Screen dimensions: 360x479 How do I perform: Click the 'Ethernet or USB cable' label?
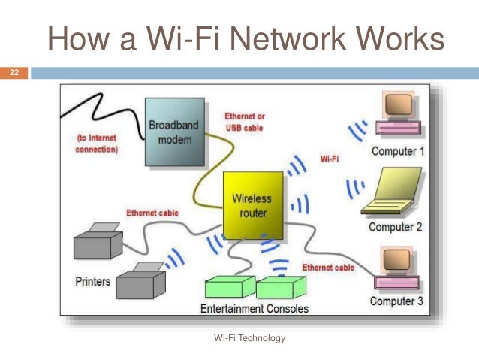[x=245, y=122]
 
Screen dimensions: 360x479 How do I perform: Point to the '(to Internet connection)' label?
[x=97, y=144]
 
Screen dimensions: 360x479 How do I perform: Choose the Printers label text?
[x=93, y=282]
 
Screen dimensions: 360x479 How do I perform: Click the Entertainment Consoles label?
[x=254, y=309]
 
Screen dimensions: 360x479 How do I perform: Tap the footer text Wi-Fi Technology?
[x=250, y=338]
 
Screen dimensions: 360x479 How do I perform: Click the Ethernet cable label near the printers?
[x=152, y=213]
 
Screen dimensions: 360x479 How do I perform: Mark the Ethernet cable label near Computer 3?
[x=328, y=267]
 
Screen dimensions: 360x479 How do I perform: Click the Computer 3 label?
[x=396, y=301]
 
